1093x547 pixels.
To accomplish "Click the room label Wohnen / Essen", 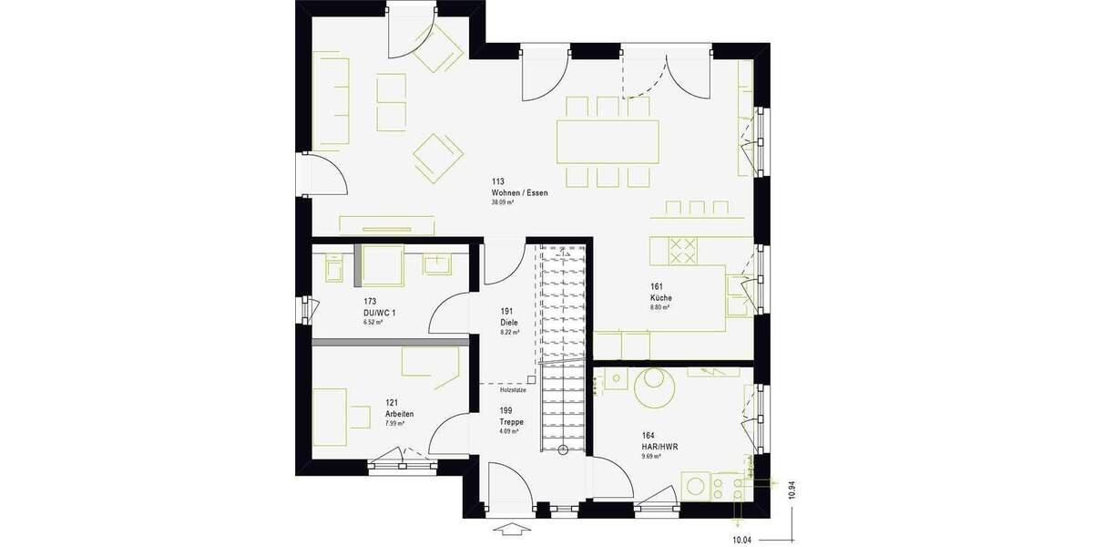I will (519, 192).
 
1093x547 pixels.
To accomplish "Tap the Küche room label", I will (661, 297).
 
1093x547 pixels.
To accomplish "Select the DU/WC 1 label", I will (380, 312).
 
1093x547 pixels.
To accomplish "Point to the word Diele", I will (508, 322).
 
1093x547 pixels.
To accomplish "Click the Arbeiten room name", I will (400, 414).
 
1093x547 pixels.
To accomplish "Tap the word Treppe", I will (511, 422).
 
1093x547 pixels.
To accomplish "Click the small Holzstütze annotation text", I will (513, 389).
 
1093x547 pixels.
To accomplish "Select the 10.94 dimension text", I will (792, 491).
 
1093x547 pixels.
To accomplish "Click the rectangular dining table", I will (608, 140).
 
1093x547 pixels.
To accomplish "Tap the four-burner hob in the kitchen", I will (683, 250).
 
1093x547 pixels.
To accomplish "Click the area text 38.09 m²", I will (503, 202).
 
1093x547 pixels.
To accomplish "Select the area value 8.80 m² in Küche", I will (660, 308).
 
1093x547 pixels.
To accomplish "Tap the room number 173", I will (370, 301).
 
